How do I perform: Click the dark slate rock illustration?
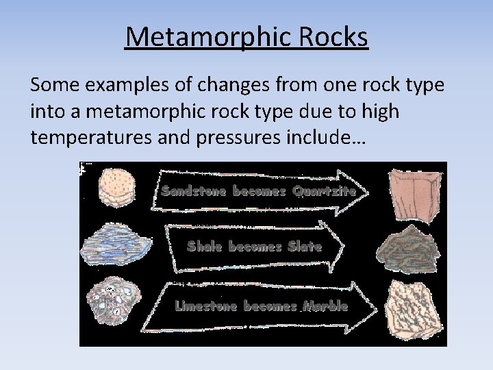point(409,249)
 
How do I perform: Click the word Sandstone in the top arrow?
point(194,190)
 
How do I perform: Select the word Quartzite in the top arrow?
point(324,191)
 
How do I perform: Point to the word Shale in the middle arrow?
point(205,246)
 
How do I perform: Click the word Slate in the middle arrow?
point(305,246)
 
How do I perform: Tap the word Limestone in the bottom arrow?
point(203,306)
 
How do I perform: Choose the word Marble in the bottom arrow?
point(325,306)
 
